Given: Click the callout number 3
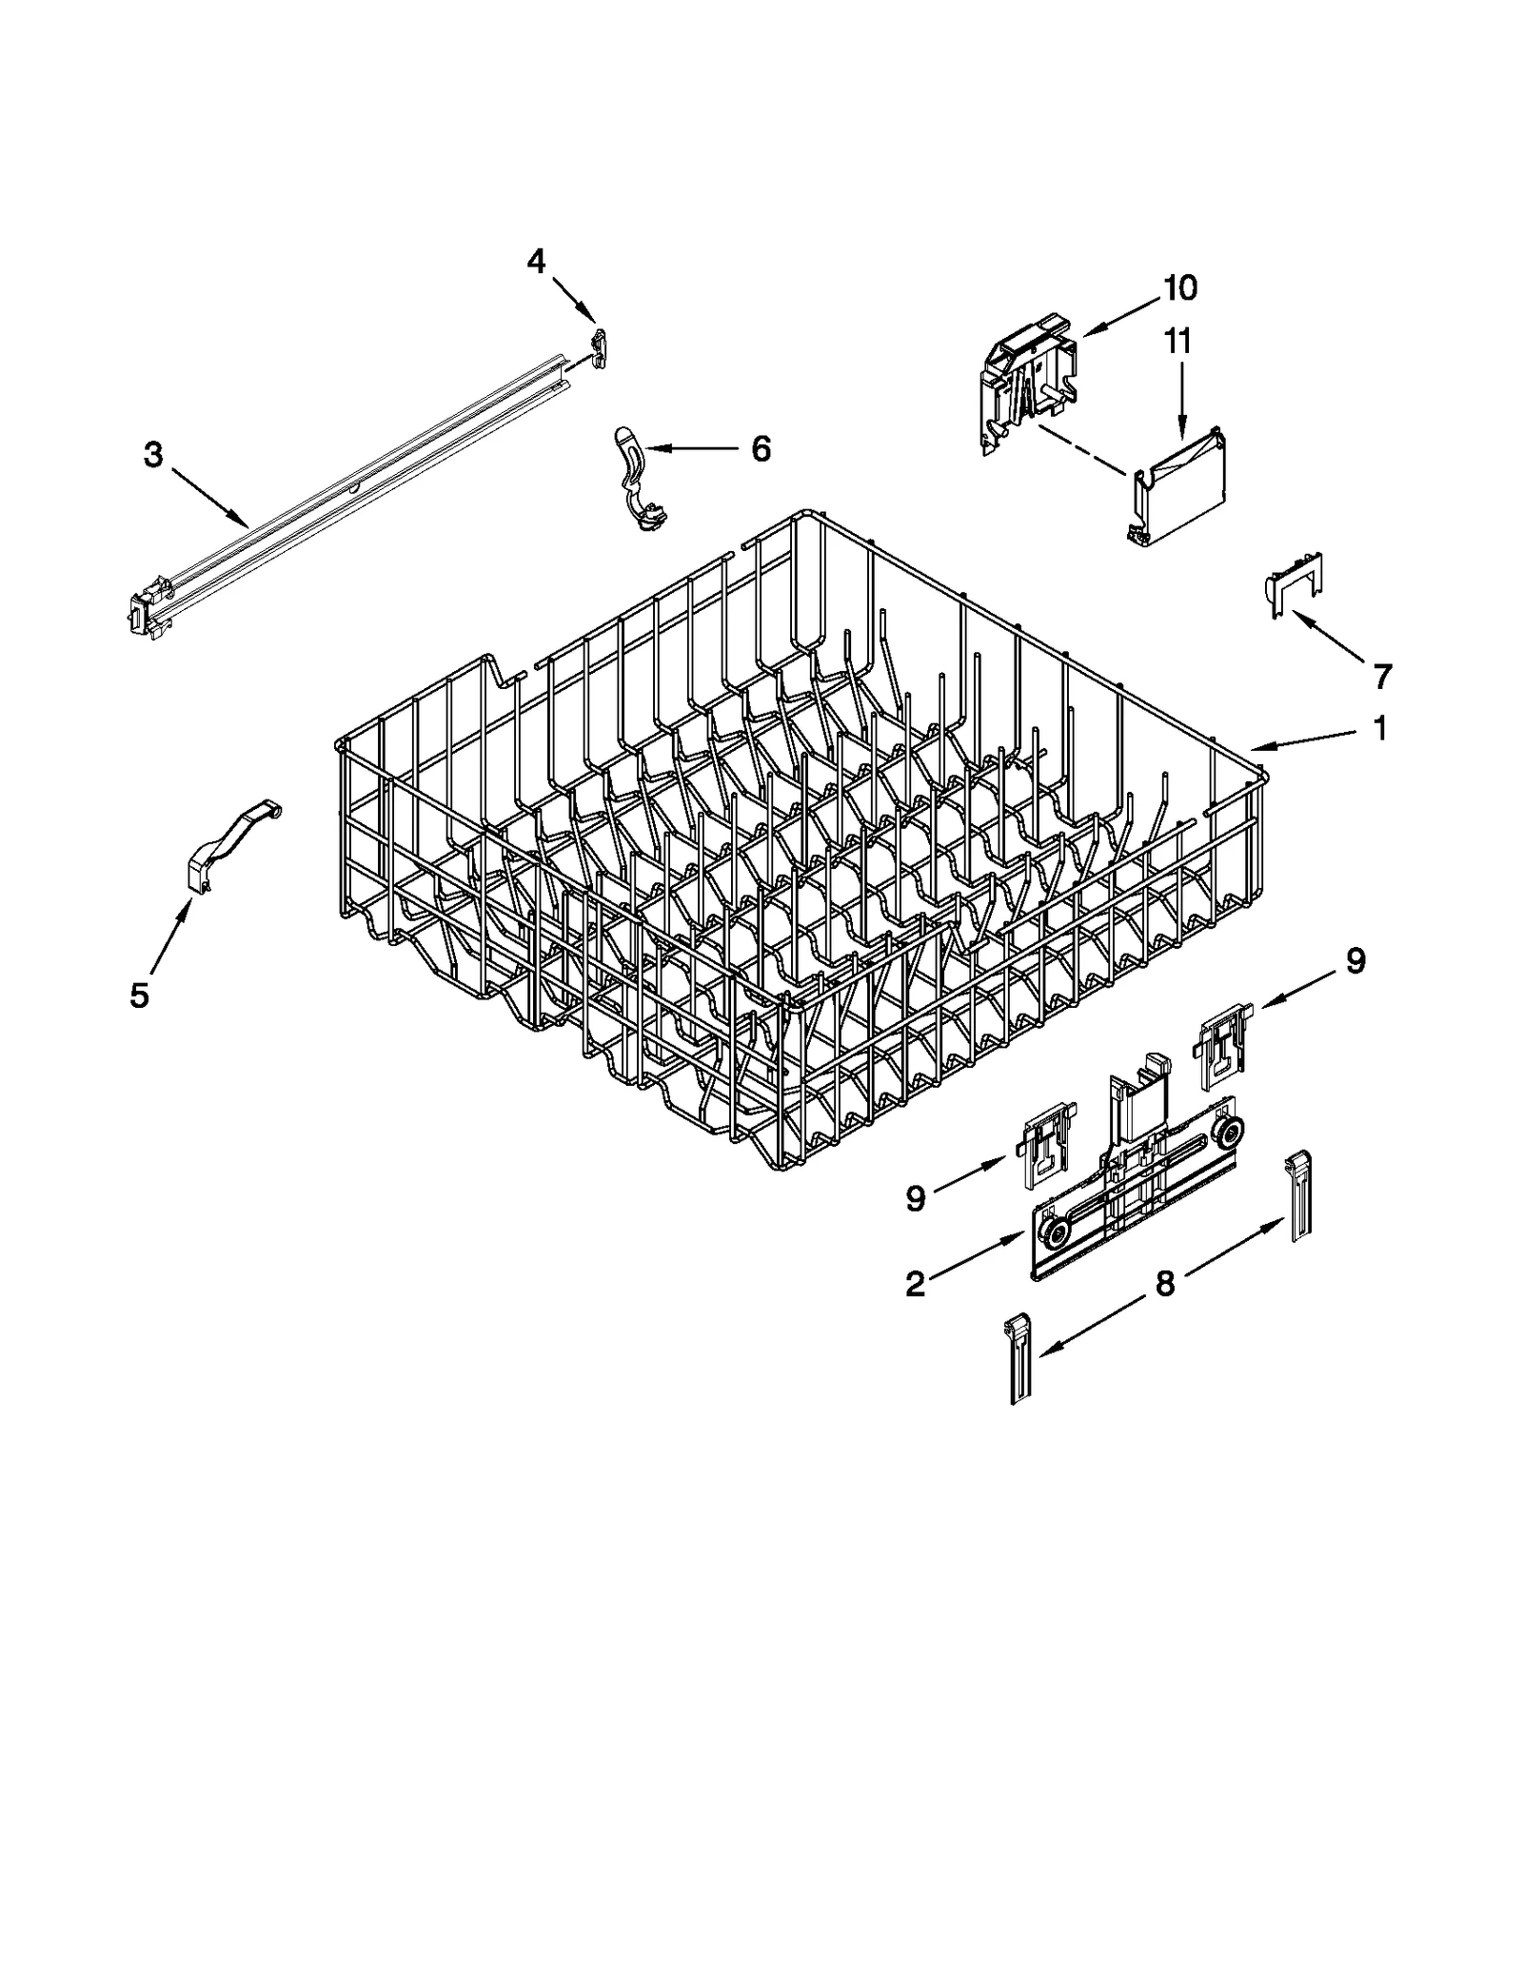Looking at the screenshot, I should pyautogui.click(x=153, y=455).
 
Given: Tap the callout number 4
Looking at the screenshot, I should pyautogui.click(x=537, y=260).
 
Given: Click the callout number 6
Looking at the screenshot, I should pyautogui.click(x=761, y=448).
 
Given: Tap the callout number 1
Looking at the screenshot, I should pyautogui.click(x=1380, y=728).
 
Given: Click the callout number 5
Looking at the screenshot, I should pyautogui.click(x=139, y=995).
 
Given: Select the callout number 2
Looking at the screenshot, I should pyautogui.click(x=915, y=1284).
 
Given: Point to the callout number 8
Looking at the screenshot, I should pyautogui.click(x=1165, y=1284).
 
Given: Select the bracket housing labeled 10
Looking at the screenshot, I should pyautogui.click(x=1028, y=381).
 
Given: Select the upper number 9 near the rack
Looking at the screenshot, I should pyautogui.click(x=1355, y=960).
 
